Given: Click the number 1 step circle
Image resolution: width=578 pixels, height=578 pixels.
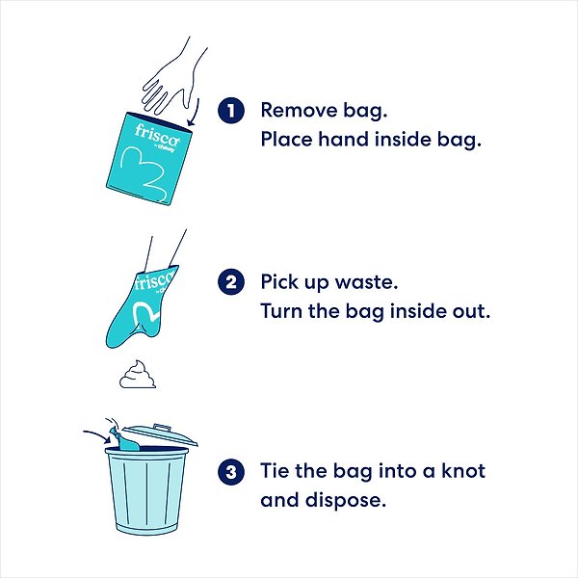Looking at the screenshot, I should coord(229,110).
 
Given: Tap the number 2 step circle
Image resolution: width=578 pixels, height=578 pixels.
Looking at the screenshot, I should coord(229,282).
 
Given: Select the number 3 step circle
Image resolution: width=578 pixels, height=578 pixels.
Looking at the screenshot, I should coord(229,472).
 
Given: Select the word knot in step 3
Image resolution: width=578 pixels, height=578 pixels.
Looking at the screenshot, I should coord(459,471).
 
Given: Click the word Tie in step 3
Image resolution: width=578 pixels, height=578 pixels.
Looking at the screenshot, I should coord(276,471).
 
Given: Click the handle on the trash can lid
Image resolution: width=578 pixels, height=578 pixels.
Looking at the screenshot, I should coord(162,426).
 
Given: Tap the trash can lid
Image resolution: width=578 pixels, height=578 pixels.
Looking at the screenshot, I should coord(164,436).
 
